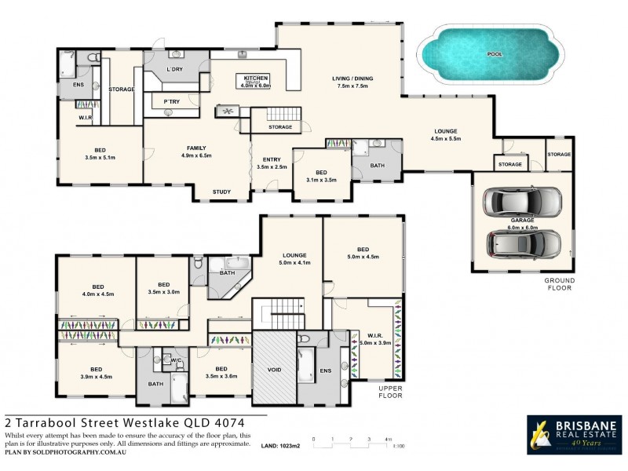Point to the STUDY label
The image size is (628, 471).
[x=223, y=192]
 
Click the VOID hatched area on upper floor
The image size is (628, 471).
[x=273, y=369]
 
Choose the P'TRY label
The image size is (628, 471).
[x=171, y=102]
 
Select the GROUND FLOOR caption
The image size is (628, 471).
[x=560, y=283]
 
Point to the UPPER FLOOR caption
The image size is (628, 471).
[x=389, y=392]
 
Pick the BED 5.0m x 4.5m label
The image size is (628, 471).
[x=363, y=252]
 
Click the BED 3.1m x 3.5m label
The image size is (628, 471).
[x=320, y=176]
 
